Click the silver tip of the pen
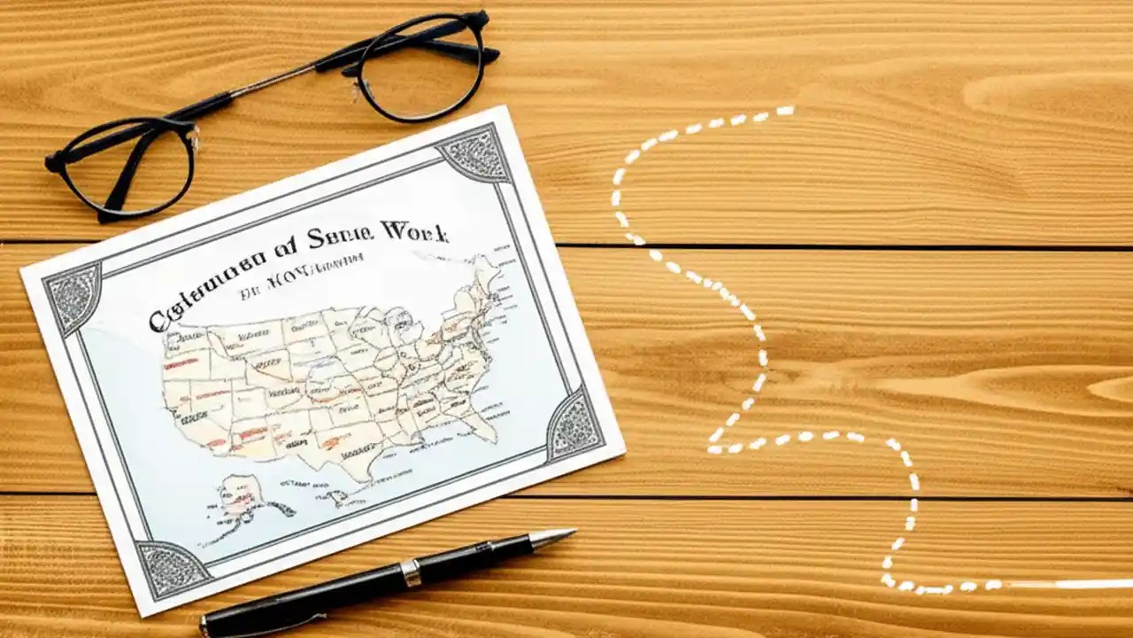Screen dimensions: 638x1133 coord(554,536)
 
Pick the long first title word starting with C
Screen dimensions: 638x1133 coord(207,289)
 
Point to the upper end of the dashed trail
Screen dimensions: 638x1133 coord(784,111)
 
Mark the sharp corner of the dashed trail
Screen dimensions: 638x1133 coord(713,447)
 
